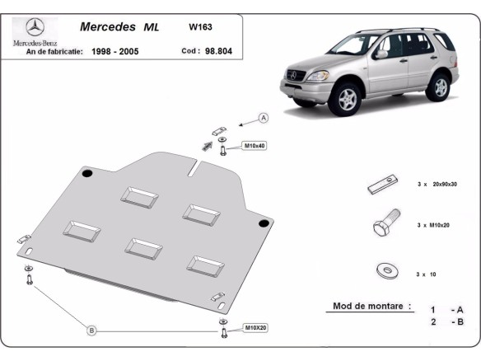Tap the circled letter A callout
point(264,119)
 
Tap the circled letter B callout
point(92,331)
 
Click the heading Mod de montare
point(371,306)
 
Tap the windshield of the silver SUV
point(355,49)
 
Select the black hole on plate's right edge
point(263,223)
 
